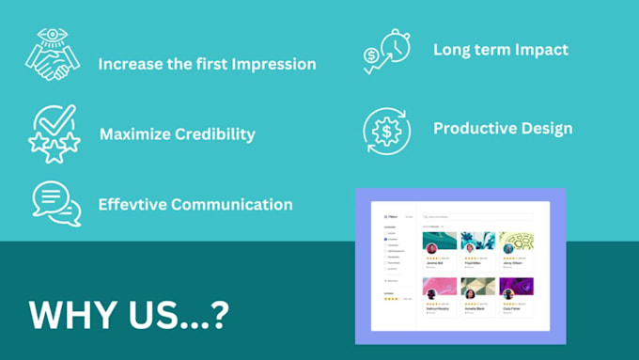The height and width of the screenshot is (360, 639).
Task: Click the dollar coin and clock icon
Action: click(386, 52)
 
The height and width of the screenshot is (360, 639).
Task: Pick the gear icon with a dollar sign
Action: click(386, 131)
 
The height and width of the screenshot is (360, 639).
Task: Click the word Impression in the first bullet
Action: click(270, 65)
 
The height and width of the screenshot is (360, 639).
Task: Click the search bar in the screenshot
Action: click(475, 217)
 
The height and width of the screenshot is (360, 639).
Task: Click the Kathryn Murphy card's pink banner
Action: click(439, 284)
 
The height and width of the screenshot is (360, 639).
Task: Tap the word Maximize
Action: click(134, 133)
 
